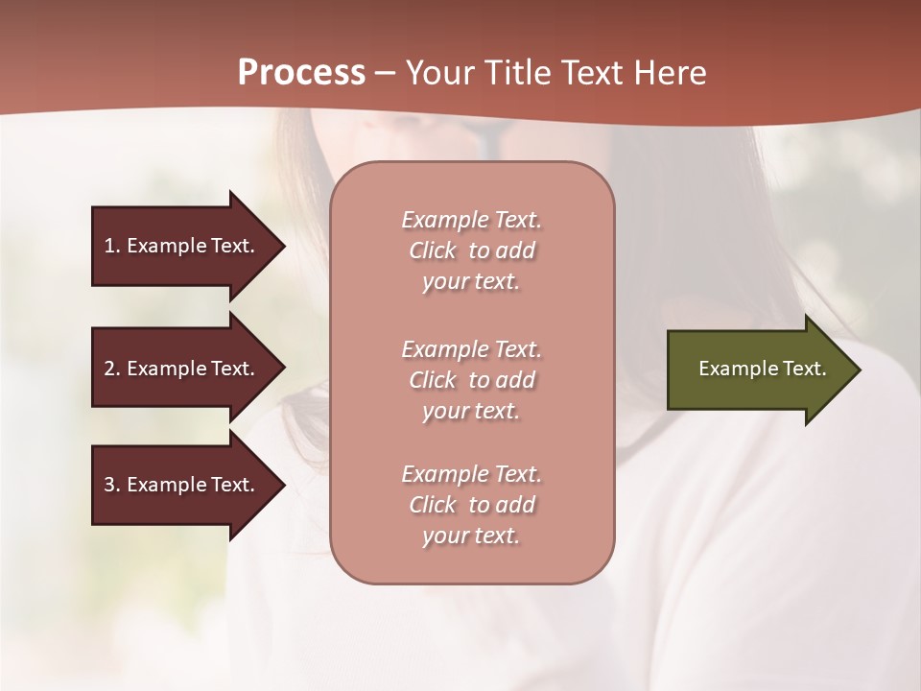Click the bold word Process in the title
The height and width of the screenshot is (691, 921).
301,73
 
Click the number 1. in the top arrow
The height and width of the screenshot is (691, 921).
112,246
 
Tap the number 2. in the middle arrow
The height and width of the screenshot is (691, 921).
112,369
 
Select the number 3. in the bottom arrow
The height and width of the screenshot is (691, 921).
112,485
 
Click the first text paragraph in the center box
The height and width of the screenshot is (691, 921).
471,250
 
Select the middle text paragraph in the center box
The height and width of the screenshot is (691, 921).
471,380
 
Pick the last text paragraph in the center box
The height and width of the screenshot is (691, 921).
471,505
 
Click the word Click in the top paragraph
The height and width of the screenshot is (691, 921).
433,250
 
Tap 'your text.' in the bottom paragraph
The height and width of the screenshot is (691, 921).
471,536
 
